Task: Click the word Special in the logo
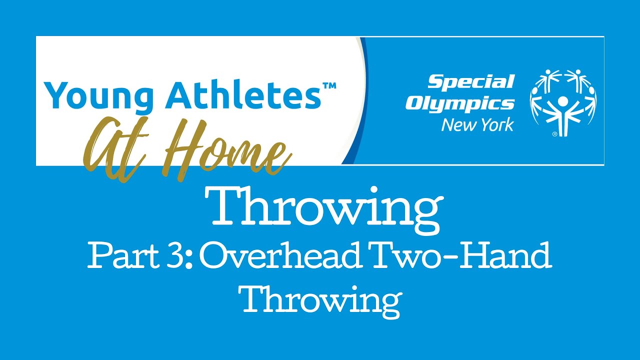(470, 81)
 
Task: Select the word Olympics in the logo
(459, 103)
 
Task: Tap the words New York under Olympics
(477, 124)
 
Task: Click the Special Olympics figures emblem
(562, 102)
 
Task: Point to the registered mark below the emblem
(554, 134)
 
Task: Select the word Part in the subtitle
(118, 257)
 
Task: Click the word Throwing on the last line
(320, 299)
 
